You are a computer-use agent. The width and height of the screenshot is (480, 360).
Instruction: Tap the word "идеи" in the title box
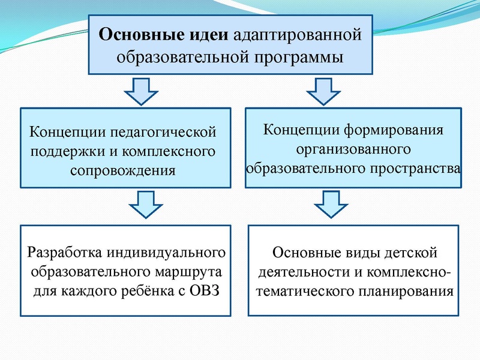point(207,35)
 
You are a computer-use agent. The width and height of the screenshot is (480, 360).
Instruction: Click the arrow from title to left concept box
point(140,93)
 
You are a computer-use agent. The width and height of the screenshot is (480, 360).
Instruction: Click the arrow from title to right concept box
point(323,93)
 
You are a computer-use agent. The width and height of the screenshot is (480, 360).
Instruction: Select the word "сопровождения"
point(123,170)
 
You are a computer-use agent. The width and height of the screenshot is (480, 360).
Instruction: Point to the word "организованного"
point(353,148)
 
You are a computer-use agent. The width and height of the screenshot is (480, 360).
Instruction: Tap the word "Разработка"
point(64,252)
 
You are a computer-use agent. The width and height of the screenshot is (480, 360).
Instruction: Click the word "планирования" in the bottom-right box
point(408,293)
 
